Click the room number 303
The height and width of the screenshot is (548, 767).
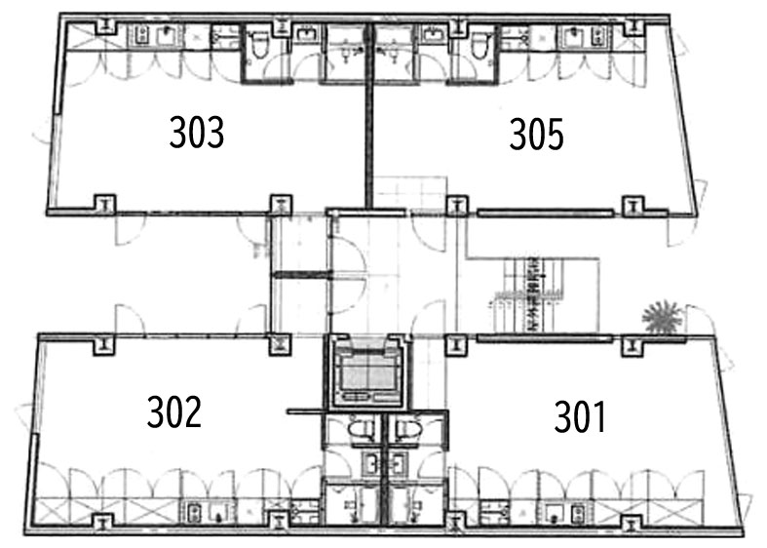coord(197,132)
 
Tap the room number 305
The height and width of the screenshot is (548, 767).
coord(537,134)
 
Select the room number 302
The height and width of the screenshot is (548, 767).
coord(174,412)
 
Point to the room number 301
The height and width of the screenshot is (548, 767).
coord(580,416)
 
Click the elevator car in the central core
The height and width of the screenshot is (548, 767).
coord(367,372)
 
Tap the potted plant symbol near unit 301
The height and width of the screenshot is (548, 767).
coord(662,318)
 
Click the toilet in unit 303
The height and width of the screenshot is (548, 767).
coord(258,45)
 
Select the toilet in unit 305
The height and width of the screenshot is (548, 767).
coord(479,45)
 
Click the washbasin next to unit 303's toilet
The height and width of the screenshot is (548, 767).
coord(306,35)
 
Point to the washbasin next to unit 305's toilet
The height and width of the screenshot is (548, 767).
coord(434,35)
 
